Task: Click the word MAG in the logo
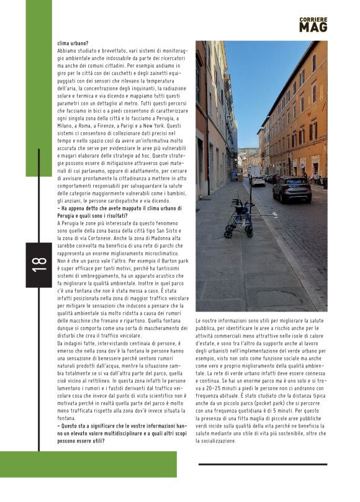(312, 27)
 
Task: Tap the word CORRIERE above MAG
(312, 19)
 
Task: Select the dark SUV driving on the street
(292, 189)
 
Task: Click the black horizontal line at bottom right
(263, 464)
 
